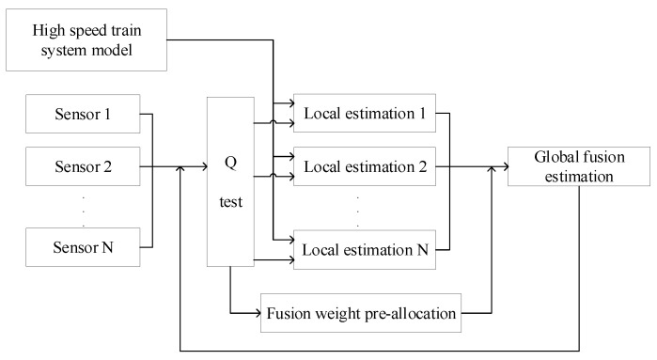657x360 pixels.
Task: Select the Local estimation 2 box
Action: [x=360, y=166]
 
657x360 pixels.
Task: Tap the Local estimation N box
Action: [x=360, y=249]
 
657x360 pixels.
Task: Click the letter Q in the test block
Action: [x=230, y=160]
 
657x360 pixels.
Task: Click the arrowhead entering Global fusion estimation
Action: [x=503, y=166]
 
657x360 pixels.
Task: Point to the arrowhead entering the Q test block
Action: [x=203, y=166]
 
